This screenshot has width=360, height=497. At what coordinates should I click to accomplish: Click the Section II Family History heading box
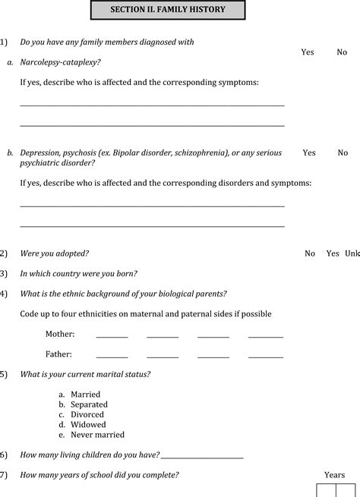pos(167,11)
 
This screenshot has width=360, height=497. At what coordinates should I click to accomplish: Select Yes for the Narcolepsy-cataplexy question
pos(308,52)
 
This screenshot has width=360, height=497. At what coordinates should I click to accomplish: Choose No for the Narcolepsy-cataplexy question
pos(343,52)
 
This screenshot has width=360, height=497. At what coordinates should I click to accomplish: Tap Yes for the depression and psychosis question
pos(309,153)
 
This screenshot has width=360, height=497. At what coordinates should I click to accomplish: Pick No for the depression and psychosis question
pos(343,153)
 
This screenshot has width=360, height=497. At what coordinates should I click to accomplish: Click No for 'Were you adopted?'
pos(310,253)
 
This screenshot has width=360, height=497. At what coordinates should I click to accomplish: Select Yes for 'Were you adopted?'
pos(333,253)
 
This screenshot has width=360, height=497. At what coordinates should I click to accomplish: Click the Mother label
pos(59,333)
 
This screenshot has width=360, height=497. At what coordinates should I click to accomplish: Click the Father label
pos(58,354)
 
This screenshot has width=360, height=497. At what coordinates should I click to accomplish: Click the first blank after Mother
pos(112,335)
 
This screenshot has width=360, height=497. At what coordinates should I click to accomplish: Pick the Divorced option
pos(87,415)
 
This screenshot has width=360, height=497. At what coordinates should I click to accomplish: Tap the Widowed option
pos(88,425)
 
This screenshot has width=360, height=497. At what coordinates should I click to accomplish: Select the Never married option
pos(97,435)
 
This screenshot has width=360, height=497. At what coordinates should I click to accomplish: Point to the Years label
pos(334,475)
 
